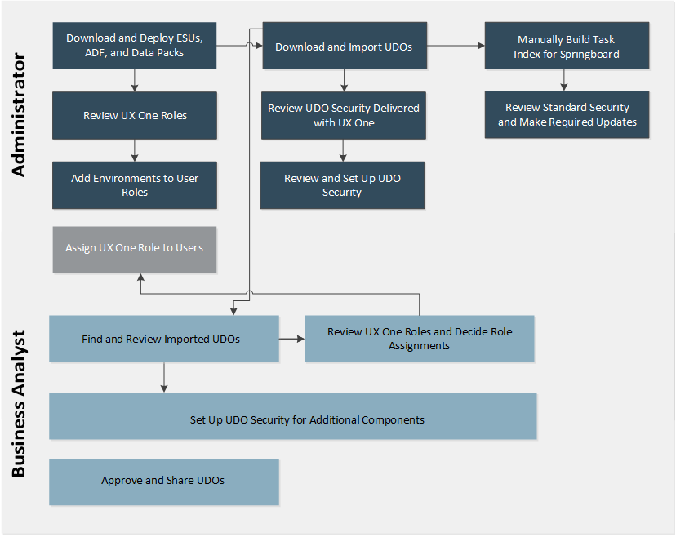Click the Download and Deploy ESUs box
(135, 46)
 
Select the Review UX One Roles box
(135, 115)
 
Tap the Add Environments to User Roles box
(135, 185)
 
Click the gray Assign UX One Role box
(135, 248)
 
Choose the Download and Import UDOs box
(343, 47)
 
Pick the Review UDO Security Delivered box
(343, 115)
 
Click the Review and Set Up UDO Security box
(342, 185)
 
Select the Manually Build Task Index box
(567, 47)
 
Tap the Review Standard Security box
(567, 114)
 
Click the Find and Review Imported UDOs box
(163, 339)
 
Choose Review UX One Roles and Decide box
(419, 339)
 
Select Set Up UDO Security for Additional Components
(292, 420)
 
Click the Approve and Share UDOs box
(163, 481)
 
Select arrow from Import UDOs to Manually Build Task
(455, 47)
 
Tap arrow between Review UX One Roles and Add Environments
(135, 150)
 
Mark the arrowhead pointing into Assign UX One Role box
(140, 277)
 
